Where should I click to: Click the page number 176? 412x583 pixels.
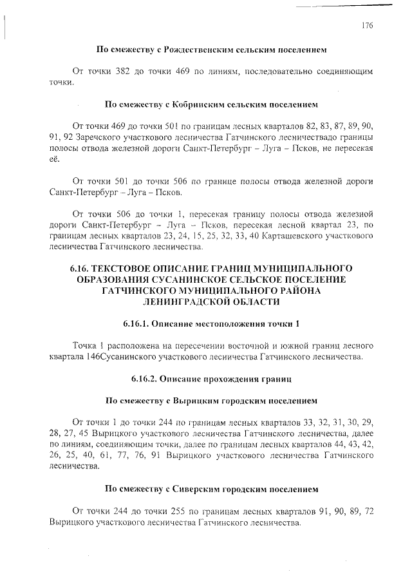[367, 26]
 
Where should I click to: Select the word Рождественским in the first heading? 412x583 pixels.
[199, 49]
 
